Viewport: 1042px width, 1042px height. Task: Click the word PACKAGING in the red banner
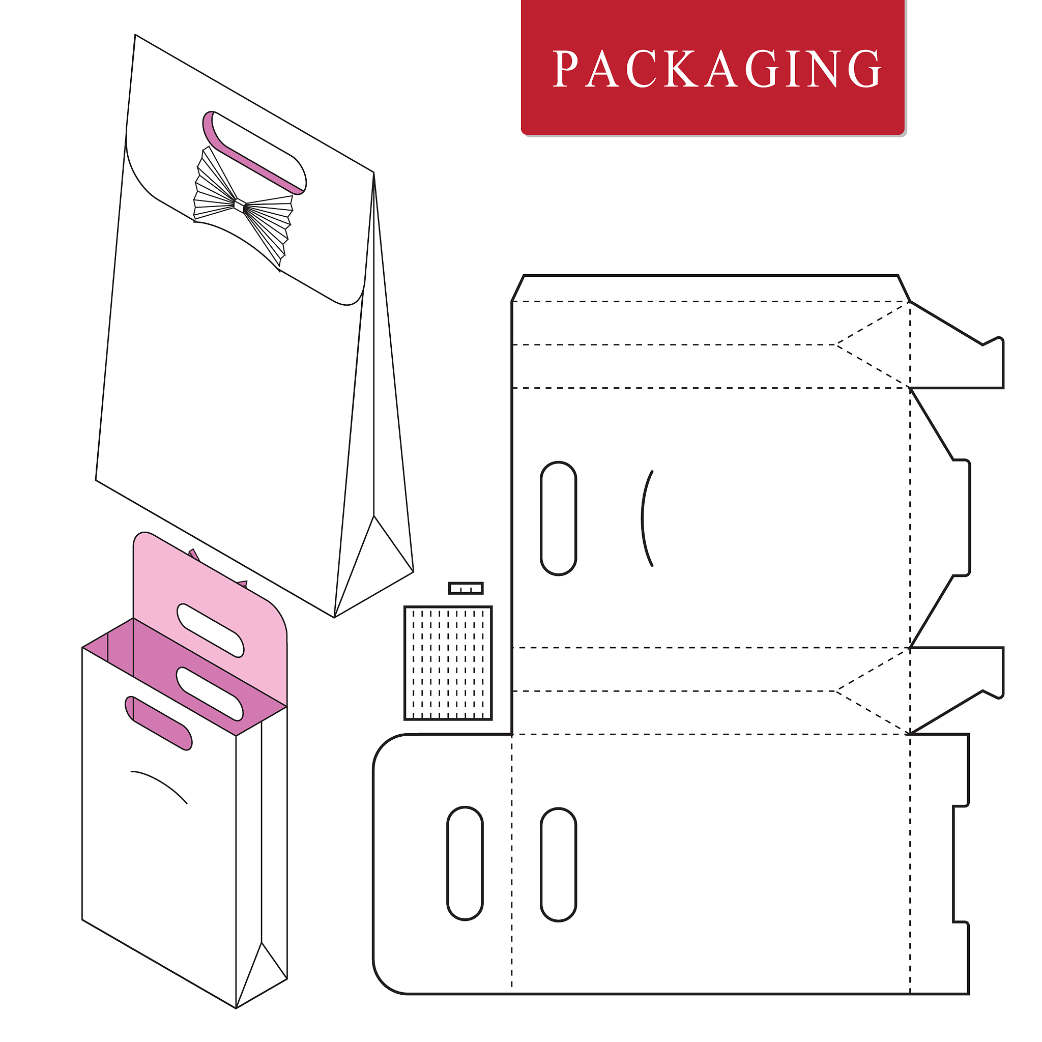click(x=717, y=69)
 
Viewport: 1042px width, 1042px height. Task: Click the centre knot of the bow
click(x=240, y=206)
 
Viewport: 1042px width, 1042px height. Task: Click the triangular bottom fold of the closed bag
click(x=373, y=566)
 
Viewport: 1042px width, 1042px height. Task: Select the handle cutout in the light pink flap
click(x=211, y=630)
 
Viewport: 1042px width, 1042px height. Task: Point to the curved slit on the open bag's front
click(x=159, y=786)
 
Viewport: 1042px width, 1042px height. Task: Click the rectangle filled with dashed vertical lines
click(x=448, y=663)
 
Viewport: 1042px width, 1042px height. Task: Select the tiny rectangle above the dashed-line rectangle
click(x=466, y=588)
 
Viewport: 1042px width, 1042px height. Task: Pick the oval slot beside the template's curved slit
click(x=558, y=518)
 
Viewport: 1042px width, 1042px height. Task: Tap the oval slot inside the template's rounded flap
click(x=465, y=863)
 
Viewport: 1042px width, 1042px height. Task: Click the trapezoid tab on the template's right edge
click(x=940, y=518)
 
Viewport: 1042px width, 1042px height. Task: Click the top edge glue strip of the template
click(x=710, y=288)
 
